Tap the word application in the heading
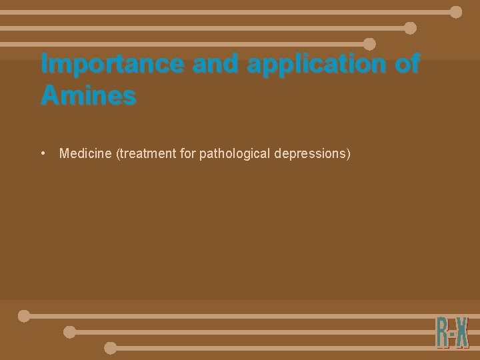pyautogui.click(x=314, y=64)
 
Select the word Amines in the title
pyautogui.click(x=88, y=95)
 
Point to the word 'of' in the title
pyautogui.click(x=406, y=64)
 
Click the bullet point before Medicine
pyautogui.click(x=43, y=153)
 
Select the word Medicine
pyautogui.click(x=86, y=154)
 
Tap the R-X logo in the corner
pyautogui.click(x=453, y=332)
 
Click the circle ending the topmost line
pyautogui.click(x=456, y=12)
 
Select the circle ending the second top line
pyautogui.click(x=411, y=28)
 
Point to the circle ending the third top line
pyautogui.click(x=369, y=44)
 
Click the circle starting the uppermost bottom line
pyautogui.click(x=24, y=316)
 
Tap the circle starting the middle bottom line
pyautogui.click(x=69, y=332)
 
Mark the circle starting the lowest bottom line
pyautogui.click(x=111, y=348)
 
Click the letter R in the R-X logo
pyautogui.click(x=442, y=332)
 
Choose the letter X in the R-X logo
pyautogui.click(x=462, y=332)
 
